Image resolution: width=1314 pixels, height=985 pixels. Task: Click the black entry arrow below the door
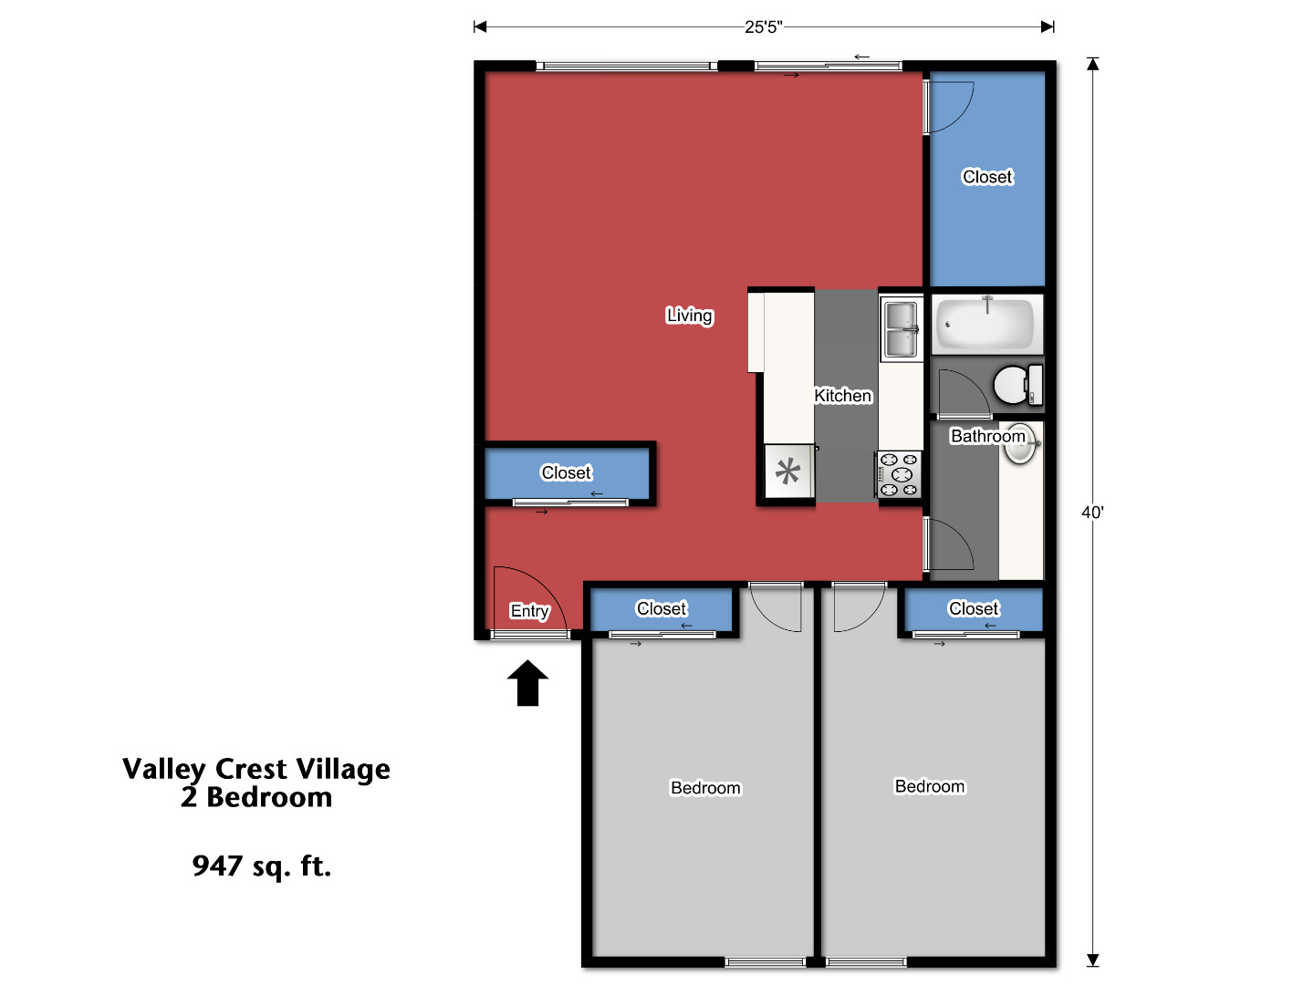click(527, 684)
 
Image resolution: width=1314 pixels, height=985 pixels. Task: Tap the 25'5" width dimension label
click(763, 26)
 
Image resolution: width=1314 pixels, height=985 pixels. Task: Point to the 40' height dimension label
click(1092, 513)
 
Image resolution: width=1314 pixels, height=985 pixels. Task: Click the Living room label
click(689, 316)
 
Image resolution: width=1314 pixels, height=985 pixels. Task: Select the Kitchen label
click(842, 396)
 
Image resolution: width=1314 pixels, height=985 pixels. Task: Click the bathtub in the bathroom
click(985, 324)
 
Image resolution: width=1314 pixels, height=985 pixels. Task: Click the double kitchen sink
click(901, 329)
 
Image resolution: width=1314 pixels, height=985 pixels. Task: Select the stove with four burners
click(899, 474)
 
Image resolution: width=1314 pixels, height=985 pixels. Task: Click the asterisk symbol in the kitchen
click(787, 472)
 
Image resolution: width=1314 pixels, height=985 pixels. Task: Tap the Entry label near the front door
click(529, 611)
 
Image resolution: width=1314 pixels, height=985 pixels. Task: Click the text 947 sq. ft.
click(261, 866)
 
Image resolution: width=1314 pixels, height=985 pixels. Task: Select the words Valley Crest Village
click(256, 769)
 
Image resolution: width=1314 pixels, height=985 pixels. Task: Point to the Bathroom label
click(987, 436)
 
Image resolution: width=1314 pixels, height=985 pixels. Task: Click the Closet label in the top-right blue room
click(987, 177)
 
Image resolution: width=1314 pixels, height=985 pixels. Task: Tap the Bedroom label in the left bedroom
click(705, 788)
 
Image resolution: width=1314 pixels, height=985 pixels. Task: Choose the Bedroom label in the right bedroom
click(929, 786)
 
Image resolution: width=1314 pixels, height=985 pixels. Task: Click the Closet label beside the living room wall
click(566, 472)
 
